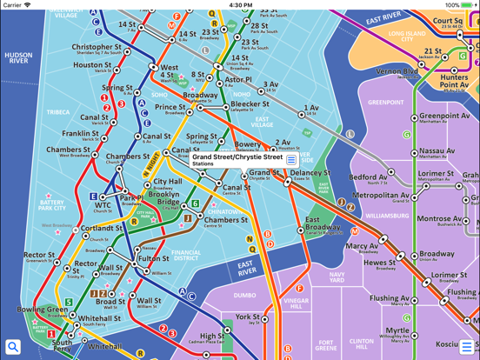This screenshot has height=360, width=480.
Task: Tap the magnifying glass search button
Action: (13, 347)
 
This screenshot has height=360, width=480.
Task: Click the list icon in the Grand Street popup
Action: (291, 160)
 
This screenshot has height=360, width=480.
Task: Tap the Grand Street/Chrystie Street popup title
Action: (237, 157)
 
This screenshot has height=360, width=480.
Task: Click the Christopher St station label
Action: (103, 48)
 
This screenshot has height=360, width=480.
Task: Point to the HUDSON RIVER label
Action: (18, 58)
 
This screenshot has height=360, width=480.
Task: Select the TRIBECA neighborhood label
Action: (58, 112)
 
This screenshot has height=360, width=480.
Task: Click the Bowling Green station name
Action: (42, 310)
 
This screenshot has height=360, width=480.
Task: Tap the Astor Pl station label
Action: (237, 79)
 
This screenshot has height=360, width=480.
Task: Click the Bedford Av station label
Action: (368, 177)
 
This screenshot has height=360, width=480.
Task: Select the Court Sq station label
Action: (448, 20)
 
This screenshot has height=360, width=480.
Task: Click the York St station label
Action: (247, 317)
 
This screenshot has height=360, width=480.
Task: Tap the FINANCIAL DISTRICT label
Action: (186, 255)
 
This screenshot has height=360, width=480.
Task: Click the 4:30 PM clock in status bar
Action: (240, 5)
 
